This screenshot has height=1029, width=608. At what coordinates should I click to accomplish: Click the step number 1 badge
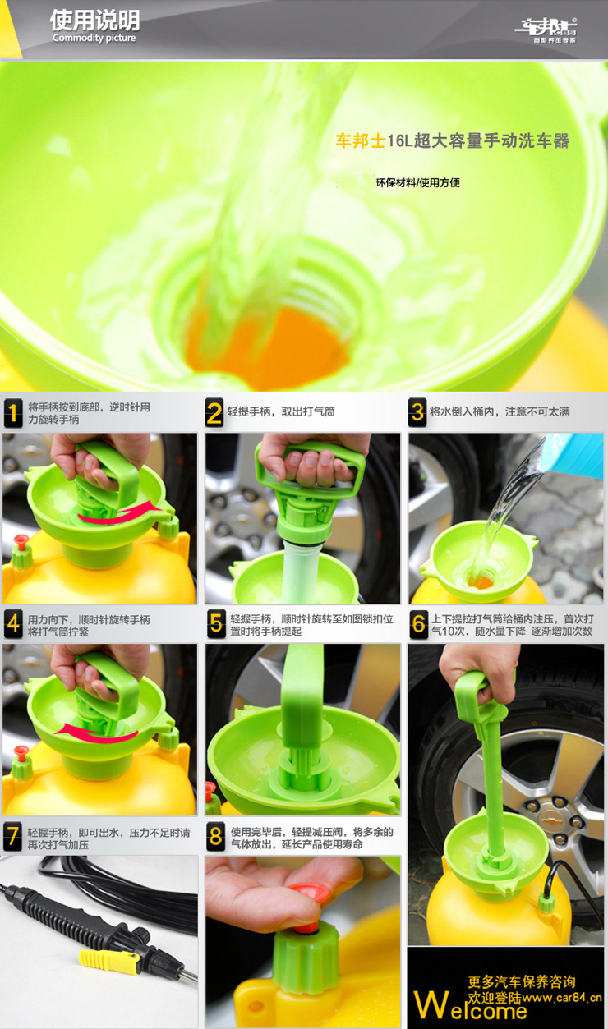pos(13,413)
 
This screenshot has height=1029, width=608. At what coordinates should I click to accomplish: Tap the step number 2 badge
pos(214,413)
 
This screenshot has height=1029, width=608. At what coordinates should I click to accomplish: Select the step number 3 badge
pos(417,412)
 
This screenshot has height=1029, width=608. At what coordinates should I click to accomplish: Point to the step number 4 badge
pos(13,624)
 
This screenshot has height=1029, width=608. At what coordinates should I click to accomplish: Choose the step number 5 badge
pos(216,624)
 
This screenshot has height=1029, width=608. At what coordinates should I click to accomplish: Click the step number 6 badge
pos(418,624)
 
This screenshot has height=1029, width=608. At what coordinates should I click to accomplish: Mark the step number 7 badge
pos(12,837)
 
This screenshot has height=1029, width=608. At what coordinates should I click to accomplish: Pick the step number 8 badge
pos(215,836)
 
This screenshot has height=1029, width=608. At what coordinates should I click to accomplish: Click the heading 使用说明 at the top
pos(94,20)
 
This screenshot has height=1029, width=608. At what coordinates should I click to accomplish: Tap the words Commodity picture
pos(94,38)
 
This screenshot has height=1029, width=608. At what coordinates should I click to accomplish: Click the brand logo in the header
pos(546,30)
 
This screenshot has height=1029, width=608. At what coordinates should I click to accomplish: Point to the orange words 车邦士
pos(360,140)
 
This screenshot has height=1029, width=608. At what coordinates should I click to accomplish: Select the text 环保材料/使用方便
pos(417,183)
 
